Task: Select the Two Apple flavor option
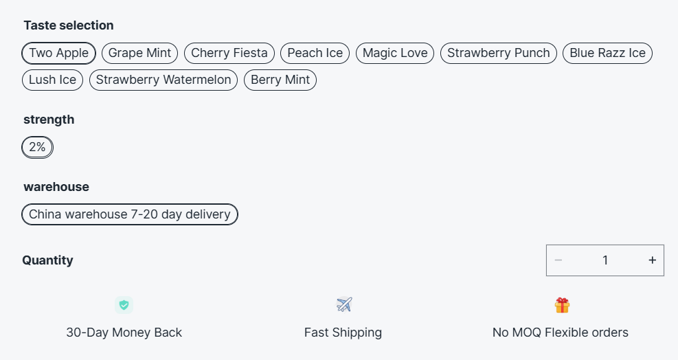coord(58,53)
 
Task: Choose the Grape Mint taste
coord(140,53)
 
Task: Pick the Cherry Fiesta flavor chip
coord(229,53)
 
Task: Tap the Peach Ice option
coord(315,53)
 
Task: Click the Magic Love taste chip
coord(395,53)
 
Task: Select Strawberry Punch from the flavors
coord(498,53)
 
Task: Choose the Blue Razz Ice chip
coord(607,53)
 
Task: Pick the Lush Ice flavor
coord(52,80)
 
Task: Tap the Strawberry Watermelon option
coord(163,80)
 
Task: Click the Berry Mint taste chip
coord(280,80)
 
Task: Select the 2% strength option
coord(37,147)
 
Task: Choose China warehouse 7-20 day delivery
coord(130,214)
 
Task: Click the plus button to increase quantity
coord(652,260)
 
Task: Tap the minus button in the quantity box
coord(558,260)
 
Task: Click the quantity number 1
coord(605,260)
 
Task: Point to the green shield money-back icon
coord(124,305)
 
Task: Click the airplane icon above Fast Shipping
coord(343,304)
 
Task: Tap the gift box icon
coord(562,305)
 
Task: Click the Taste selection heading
coord(69,25)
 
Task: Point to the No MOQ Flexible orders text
coord(560,333)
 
